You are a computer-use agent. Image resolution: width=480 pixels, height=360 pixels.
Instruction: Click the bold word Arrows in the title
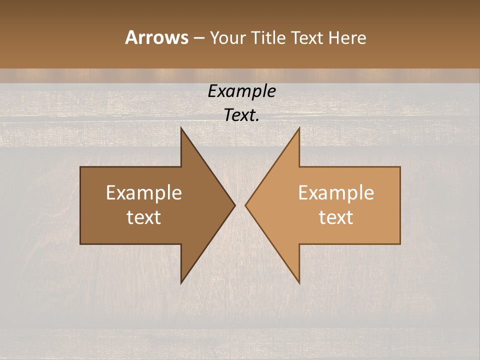point(156,37)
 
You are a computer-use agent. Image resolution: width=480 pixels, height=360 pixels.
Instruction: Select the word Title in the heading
point(270,37)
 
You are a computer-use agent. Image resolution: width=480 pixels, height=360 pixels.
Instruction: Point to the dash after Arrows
point(198,38)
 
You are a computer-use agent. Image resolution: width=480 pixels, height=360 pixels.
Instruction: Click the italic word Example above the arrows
point(241,91)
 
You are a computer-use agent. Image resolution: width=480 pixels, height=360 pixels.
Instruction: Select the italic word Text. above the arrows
point(241,115)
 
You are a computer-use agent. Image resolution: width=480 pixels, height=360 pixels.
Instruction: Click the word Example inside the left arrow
point(144,193)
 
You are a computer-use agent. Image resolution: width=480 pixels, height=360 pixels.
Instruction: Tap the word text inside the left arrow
point(144,217)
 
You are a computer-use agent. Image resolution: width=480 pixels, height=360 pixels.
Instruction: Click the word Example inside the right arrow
point(336,193)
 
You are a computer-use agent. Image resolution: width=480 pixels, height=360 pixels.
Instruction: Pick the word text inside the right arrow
point(336,217)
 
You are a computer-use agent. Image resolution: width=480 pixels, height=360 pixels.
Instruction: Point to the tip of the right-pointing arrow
point(235,205)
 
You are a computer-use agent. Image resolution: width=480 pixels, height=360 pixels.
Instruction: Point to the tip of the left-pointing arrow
point(245,205)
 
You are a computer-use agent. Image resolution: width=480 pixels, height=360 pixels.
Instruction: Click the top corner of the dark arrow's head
point(181,128)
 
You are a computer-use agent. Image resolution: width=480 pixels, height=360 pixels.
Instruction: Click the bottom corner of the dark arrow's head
point(181,283)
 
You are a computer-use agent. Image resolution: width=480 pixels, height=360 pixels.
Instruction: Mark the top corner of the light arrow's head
point(299,128)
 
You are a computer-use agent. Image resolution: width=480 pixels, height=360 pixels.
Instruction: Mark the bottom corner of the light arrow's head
point(299,283)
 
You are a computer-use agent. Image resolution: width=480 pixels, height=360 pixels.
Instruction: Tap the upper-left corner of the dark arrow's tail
point(81,167)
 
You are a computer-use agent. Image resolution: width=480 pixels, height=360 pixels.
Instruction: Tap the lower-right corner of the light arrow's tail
point(400,243)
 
